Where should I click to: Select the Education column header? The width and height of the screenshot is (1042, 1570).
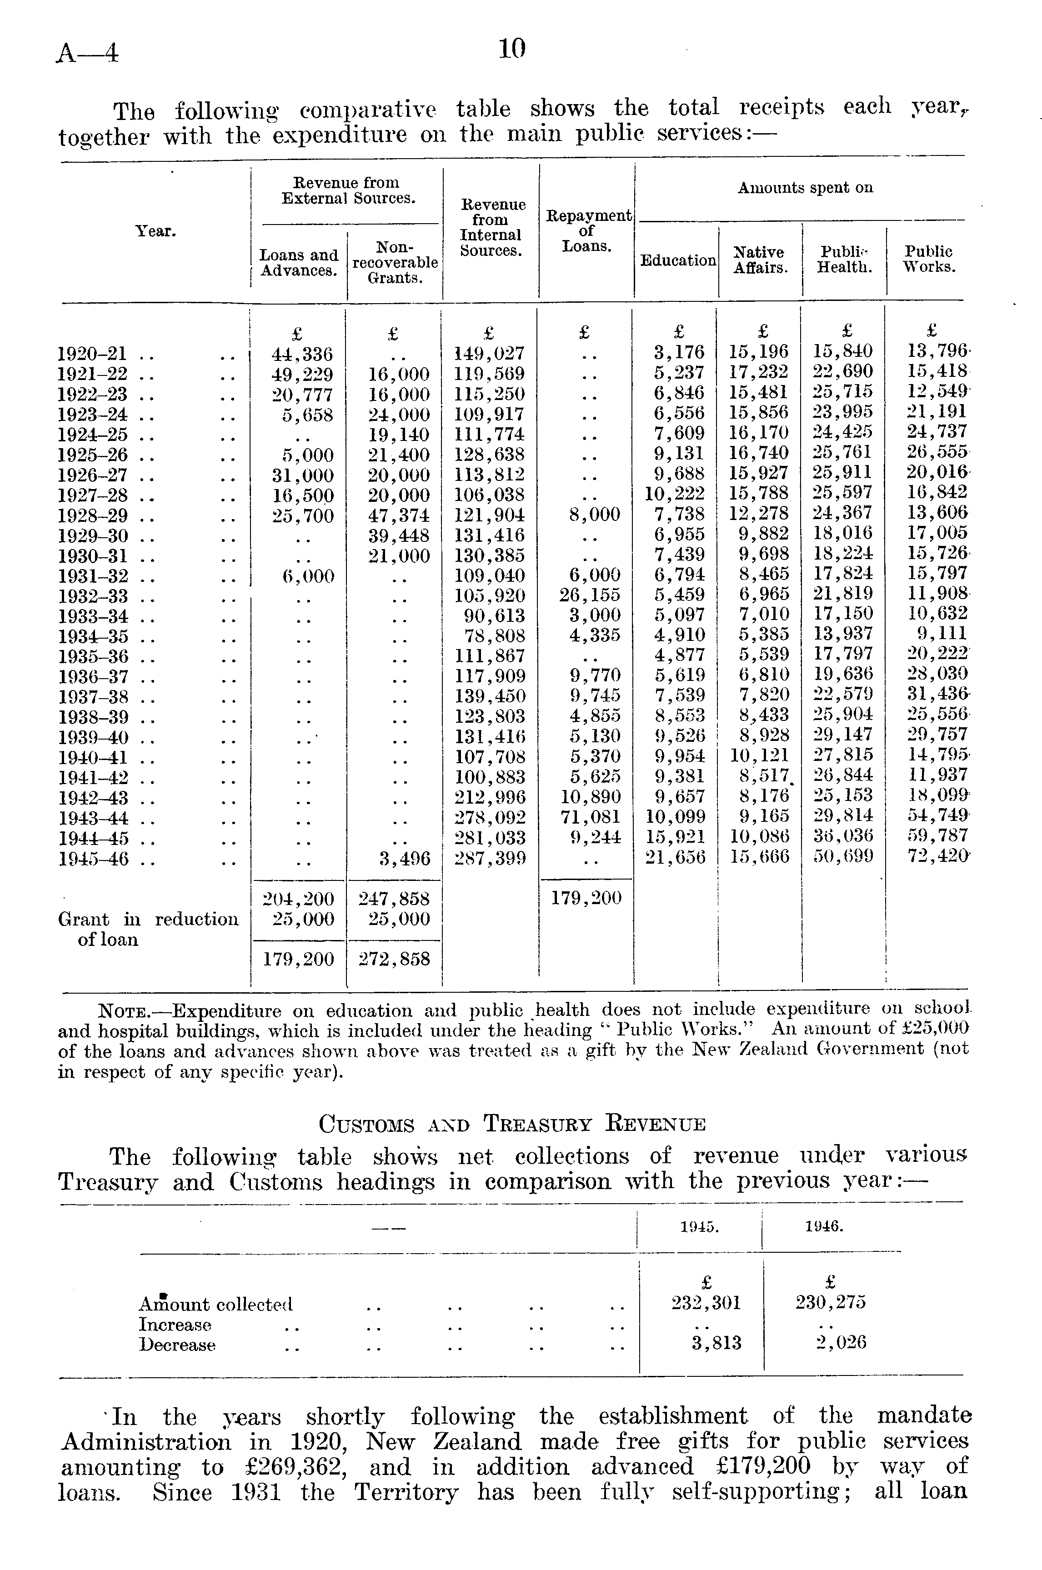tap(678, 260)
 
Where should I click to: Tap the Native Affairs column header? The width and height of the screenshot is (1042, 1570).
tap(760, 260)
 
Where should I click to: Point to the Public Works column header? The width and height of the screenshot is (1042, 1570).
tap(928, 260)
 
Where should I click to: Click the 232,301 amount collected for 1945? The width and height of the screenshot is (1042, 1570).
tap(706, 1303)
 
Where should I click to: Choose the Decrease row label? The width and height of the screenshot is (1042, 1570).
tap(177, 1345)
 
